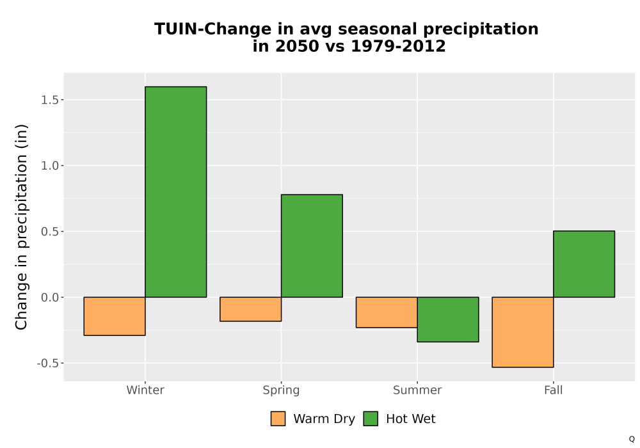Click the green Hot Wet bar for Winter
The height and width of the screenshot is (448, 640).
(176, 192)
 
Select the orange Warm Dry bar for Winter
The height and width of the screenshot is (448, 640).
(115, 316)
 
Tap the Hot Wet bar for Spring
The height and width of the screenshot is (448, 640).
(312, 246)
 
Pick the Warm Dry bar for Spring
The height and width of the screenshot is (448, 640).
(251, 309)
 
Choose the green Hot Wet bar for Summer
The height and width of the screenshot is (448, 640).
(448, 319)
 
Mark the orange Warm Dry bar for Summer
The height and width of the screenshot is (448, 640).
(387, 312)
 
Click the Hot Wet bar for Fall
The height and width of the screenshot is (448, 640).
(584, 264)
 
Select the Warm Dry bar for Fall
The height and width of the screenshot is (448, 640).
(523, 332)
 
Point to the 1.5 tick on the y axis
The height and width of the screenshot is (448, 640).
(50, 100)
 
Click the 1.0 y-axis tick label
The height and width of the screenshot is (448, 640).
(50, 166)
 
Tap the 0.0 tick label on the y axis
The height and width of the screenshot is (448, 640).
(50, 298)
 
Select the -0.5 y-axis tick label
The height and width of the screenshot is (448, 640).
(48, 363)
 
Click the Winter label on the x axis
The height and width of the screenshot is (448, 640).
(145, 390)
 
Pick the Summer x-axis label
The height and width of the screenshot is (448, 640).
(417, 390)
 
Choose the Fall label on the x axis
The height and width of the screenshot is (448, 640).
(554, 390)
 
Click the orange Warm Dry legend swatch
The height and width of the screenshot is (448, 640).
(278, 419)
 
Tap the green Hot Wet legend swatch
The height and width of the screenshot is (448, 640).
(371, 419)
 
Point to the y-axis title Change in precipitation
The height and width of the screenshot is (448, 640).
(21, 227)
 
